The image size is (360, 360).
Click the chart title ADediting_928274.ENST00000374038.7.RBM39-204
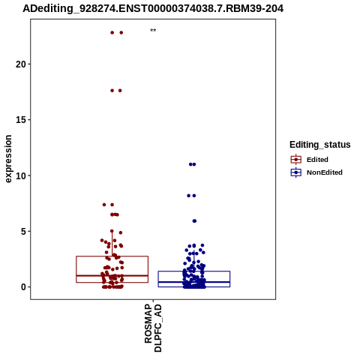[153, 9]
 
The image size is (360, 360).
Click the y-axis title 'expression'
[8, 159]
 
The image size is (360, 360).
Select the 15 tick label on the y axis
[21, 120]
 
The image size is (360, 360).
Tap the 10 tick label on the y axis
[21, 175]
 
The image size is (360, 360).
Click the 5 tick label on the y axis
[23, 232]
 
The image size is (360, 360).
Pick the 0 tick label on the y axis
[23, 287]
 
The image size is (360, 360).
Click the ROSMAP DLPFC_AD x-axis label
[153, 328]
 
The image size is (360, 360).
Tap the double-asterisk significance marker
[153, 31]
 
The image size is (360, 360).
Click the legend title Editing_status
[320, 145]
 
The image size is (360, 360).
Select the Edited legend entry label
[317, 160]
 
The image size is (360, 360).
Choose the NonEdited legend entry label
[325, 172]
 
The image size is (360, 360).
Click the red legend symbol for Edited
[296, 160]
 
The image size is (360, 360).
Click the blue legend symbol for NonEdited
[296, 172]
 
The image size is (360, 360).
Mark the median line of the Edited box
[112, 275]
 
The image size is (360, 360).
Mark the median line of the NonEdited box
[194, 282]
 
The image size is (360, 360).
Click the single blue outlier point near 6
[194, 221]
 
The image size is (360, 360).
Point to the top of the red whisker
[112, 231]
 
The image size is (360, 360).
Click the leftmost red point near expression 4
[102, 241]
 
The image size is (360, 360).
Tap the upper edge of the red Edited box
[112, 256]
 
